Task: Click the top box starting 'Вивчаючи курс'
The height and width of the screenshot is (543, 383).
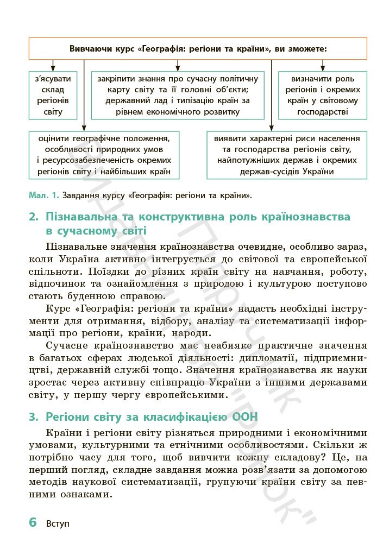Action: coord(198,48)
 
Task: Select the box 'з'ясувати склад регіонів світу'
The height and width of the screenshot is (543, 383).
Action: coord(53,95)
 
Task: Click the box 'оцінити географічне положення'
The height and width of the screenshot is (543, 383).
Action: coord(105,155)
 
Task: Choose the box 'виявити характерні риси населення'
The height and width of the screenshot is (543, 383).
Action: coord(286,155)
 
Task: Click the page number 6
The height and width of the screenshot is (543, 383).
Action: coord(33,522)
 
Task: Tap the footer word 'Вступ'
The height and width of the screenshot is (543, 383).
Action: coord(58,524)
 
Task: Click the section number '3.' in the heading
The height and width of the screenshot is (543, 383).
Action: coord(34,418)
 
